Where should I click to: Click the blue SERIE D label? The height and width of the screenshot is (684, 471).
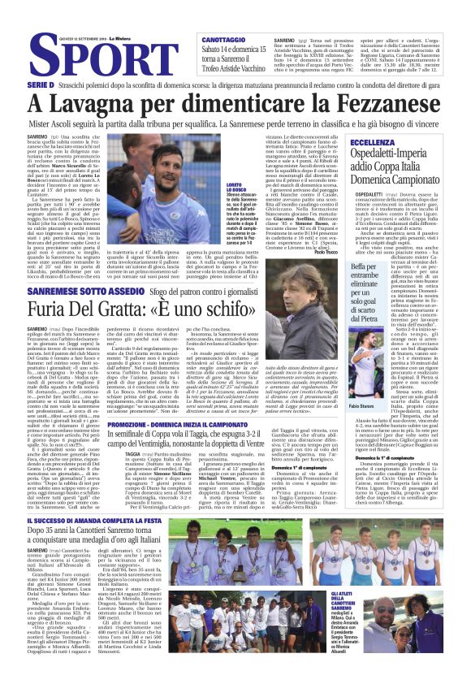tap(41, 84)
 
